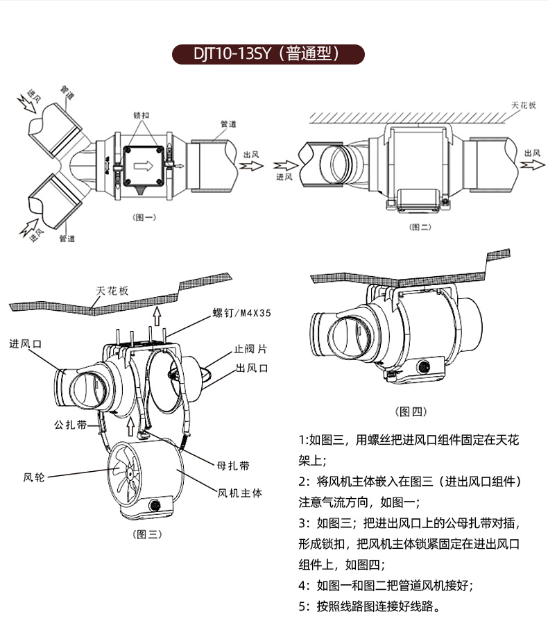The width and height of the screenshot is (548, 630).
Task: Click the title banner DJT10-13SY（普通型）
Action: point(268,54)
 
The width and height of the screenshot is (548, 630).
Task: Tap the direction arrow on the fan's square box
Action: point(145,166)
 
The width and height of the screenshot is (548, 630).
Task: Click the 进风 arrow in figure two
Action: point(286,167)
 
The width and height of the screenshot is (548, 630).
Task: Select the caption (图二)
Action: point(419,226)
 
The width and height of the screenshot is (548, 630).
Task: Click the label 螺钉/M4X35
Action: point(242,313)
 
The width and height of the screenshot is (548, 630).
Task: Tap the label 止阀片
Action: point(250,350)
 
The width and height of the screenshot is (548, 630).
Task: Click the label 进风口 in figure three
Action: point(26,343)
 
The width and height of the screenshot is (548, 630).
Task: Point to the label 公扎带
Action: point(70,425)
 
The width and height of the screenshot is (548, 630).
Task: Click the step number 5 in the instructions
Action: point(302,606)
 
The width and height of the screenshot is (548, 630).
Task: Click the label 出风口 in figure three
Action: point(251,368)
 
